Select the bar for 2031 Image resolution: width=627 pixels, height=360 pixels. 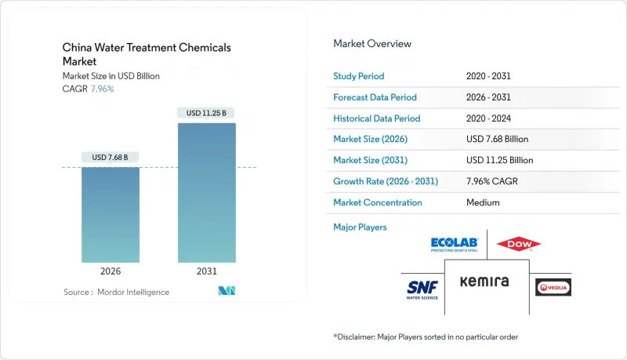pos(206,192)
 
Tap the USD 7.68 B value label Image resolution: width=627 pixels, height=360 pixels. pos(111,158)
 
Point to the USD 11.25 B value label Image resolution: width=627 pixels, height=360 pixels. pos(206,113)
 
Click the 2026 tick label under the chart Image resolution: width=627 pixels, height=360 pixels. pos(111,271)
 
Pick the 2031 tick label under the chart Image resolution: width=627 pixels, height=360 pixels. pos(206,271)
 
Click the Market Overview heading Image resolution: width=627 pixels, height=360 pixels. pos(372,44)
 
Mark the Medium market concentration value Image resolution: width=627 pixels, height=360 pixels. pos(481,202)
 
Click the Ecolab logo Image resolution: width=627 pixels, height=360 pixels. pos(455,245)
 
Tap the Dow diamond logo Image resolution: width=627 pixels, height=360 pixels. pos(519,245)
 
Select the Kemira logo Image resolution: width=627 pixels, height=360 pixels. pos(484,282)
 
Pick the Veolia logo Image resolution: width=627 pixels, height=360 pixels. pos(553,287)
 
